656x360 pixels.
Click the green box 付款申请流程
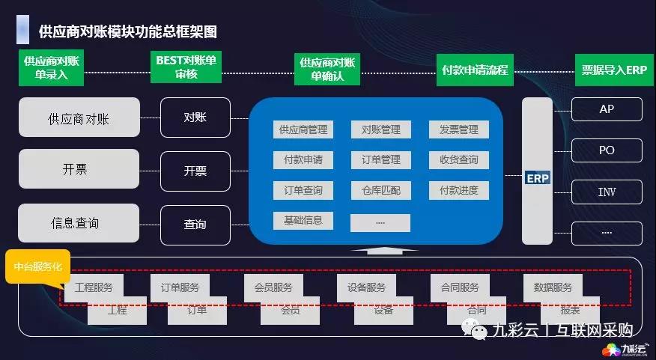click(x=475, y=70)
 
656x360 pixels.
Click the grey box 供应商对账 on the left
click(x=79, y=118)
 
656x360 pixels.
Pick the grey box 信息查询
click(x=79, y=223)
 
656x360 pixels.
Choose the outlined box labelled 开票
click(x=195, y=170)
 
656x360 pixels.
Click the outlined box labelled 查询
click(x=195, y=224)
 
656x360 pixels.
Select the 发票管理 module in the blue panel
click(x=458, y=129)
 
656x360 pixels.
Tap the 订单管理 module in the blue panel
click(x=380, y=159)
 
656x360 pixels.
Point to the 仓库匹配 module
click(x=380, y=190)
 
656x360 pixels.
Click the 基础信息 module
click(x=303, y=221)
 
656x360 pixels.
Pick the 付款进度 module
click(x=458, y=190)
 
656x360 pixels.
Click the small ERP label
click(x=538, y=179)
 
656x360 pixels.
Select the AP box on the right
click(x=607, y=109)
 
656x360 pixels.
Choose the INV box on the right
click(x=607, y=192)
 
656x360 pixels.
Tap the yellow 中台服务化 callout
click(x=37, y=266)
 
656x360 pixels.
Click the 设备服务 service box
click(x=366, y=287)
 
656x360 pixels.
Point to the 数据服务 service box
click(x=553, y=287)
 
